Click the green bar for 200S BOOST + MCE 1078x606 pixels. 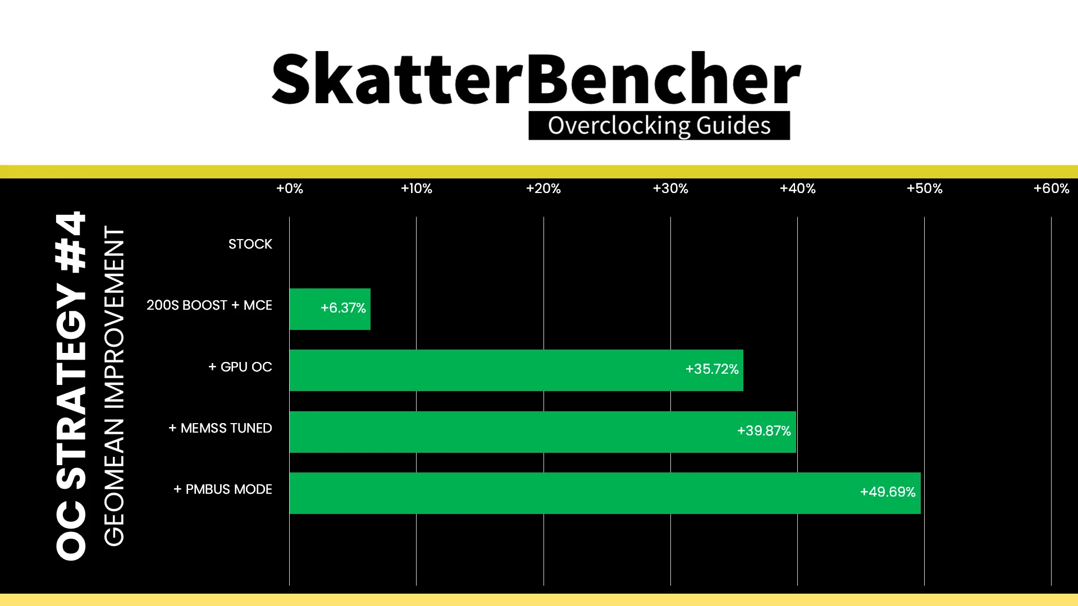330,309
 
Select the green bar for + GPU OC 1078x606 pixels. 517,370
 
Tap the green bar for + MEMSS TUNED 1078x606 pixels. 543,432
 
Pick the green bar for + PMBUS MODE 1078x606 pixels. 605,493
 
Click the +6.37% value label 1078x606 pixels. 343,308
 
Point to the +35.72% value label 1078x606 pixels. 712,369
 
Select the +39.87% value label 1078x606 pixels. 764,431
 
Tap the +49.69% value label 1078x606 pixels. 888,492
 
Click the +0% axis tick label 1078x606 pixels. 290,189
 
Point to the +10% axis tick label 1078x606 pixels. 417,189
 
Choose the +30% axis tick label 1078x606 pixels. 670,189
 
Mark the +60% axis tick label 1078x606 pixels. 1052,189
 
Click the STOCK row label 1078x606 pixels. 250,244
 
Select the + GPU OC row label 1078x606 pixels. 240,367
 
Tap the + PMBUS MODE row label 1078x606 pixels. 223,489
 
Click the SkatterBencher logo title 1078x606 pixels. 536,79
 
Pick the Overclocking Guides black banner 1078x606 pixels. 659,126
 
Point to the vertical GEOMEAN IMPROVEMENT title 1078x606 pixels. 114,386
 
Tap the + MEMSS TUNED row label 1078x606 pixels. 221,428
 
